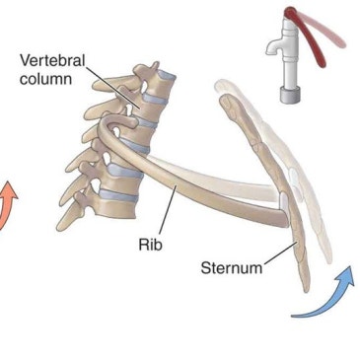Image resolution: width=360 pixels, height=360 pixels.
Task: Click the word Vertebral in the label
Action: [52, 61]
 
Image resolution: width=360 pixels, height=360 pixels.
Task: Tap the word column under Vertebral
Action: [45, 79]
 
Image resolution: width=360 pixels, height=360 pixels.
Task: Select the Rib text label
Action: [150, 245]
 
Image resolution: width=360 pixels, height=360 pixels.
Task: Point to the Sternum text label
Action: [232, 268]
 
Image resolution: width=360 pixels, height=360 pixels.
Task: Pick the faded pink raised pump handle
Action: [323, 30]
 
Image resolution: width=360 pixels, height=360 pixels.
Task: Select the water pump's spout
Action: [275, 45]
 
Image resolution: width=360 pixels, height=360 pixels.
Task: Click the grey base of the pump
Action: [290, 95]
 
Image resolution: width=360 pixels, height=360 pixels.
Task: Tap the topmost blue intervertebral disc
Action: [166, 75]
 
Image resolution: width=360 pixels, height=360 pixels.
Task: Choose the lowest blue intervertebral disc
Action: [118, 195]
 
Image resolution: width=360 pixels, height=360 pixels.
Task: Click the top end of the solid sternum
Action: [226, 100]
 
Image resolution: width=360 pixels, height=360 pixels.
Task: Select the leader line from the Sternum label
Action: [281, 252]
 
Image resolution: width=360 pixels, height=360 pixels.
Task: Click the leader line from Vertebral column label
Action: [113, 87]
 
